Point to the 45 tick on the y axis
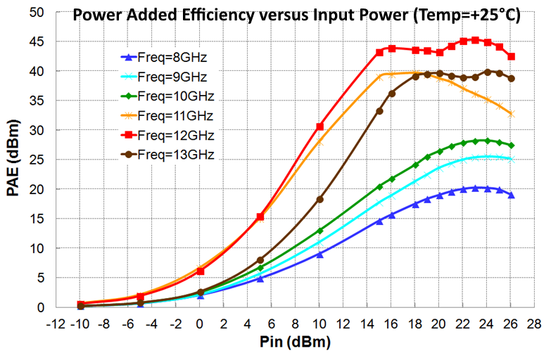coord(37,41)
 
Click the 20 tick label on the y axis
coord(37,189)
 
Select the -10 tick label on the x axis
coord(80,324)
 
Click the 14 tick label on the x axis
coord(367,324)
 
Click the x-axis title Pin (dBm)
coord(295,342)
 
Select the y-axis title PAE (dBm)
coord(13,158)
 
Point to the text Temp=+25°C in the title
coord(467,15)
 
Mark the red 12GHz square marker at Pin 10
coord(319,127)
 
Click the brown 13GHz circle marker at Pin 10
coord(319,200)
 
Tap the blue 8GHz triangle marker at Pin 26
coord(512,195)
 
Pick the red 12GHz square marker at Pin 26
coord(512,56)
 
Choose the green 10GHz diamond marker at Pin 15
coord(379,187)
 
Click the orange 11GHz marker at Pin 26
coord(512,114)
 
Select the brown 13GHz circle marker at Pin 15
coord(379,111)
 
